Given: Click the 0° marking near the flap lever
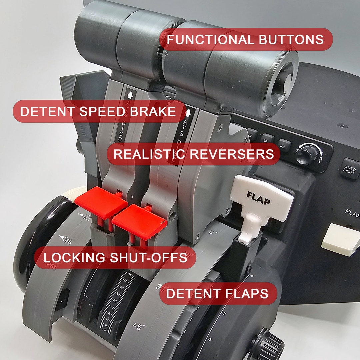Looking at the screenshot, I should click(x=213, y=232).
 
